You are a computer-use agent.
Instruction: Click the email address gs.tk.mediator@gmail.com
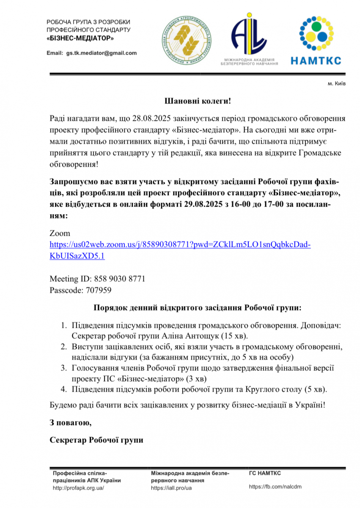tap(102, 53)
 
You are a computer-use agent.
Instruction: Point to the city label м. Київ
tap(337, 84)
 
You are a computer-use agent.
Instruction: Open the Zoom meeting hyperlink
tap(180, 245)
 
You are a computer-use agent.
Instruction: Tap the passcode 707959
tap(98, 290)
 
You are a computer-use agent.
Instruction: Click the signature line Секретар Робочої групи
tap(96, 440)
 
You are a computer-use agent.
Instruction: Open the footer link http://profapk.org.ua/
tap(78, 488)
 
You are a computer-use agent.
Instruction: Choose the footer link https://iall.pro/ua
tap(171, 488)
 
